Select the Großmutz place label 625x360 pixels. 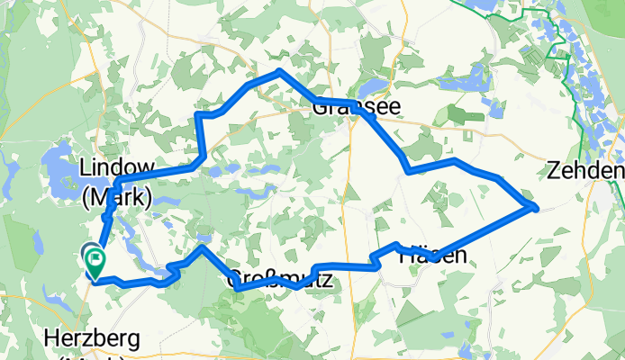tap(279, 280)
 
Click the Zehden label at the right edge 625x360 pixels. tap(585, 171)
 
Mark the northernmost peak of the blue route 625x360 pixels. tap(281, 70)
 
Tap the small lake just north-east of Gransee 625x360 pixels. tap(372, 91)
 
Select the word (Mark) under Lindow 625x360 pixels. tap(117, 194)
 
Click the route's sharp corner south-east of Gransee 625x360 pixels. tap(409, 170)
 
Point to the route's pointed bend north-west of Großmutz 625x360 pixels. tap(204, 246)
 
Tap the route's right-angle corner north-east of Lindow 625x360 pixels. tap(199, 115)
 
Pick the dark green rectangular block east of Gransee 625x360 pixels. tap(467, 115)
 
